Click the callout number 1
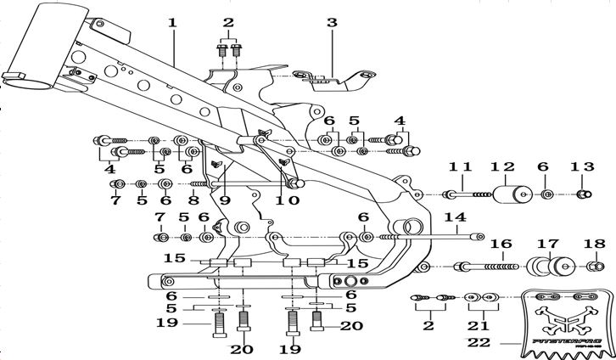coord(172,22)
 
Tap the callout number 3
coord(332,23)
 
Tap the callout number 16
coord(501,244)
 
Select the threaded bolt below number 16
coord(490,267)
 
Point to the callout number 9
coord(223,200)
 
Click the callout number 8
coord(194,200)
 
